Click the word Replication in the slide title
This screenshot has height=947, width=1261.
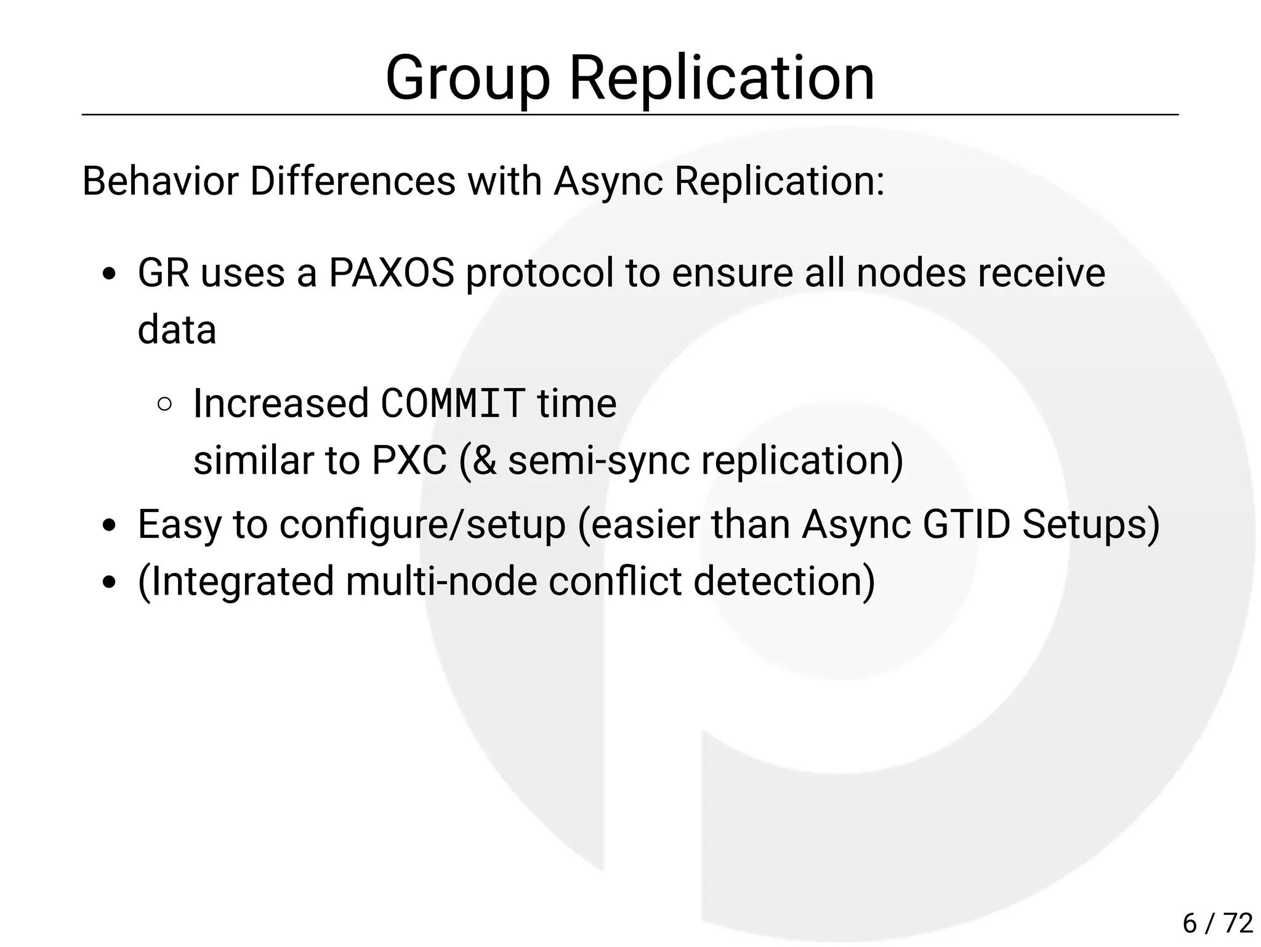click(x=721, y=78)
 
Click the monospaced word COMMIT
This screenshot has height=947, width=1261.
click(x=453, y=404)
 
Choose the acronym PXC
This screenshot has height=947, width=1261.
click(x=409, y=460)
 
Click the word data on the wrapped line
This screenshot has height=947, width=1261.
click(x=177, y=330)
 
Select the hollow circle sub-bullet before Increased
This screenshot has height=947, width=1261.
click(x=164, y=404)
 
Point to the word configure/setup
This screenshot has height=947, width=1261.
click(x=422, y=524)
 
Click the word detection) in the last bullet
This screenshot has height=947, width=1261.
click(x=784, y=581)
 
